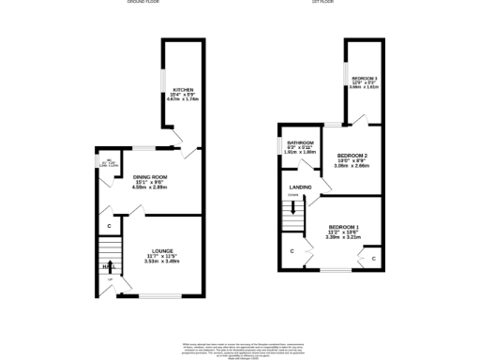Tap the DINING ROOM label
point(149,176)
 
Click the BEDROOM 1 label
point(344,227)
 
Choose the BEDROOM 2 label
point(352,154)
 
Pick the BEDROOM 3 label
point(365,78)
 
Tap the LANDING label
point(301,187)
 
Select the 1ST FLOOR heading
point(324,2)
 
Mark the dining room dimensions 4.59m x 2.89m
point(149,187)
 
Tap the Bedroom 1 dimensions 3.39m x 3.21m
point(344,238)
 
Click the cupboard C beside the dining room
point(110,226)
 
